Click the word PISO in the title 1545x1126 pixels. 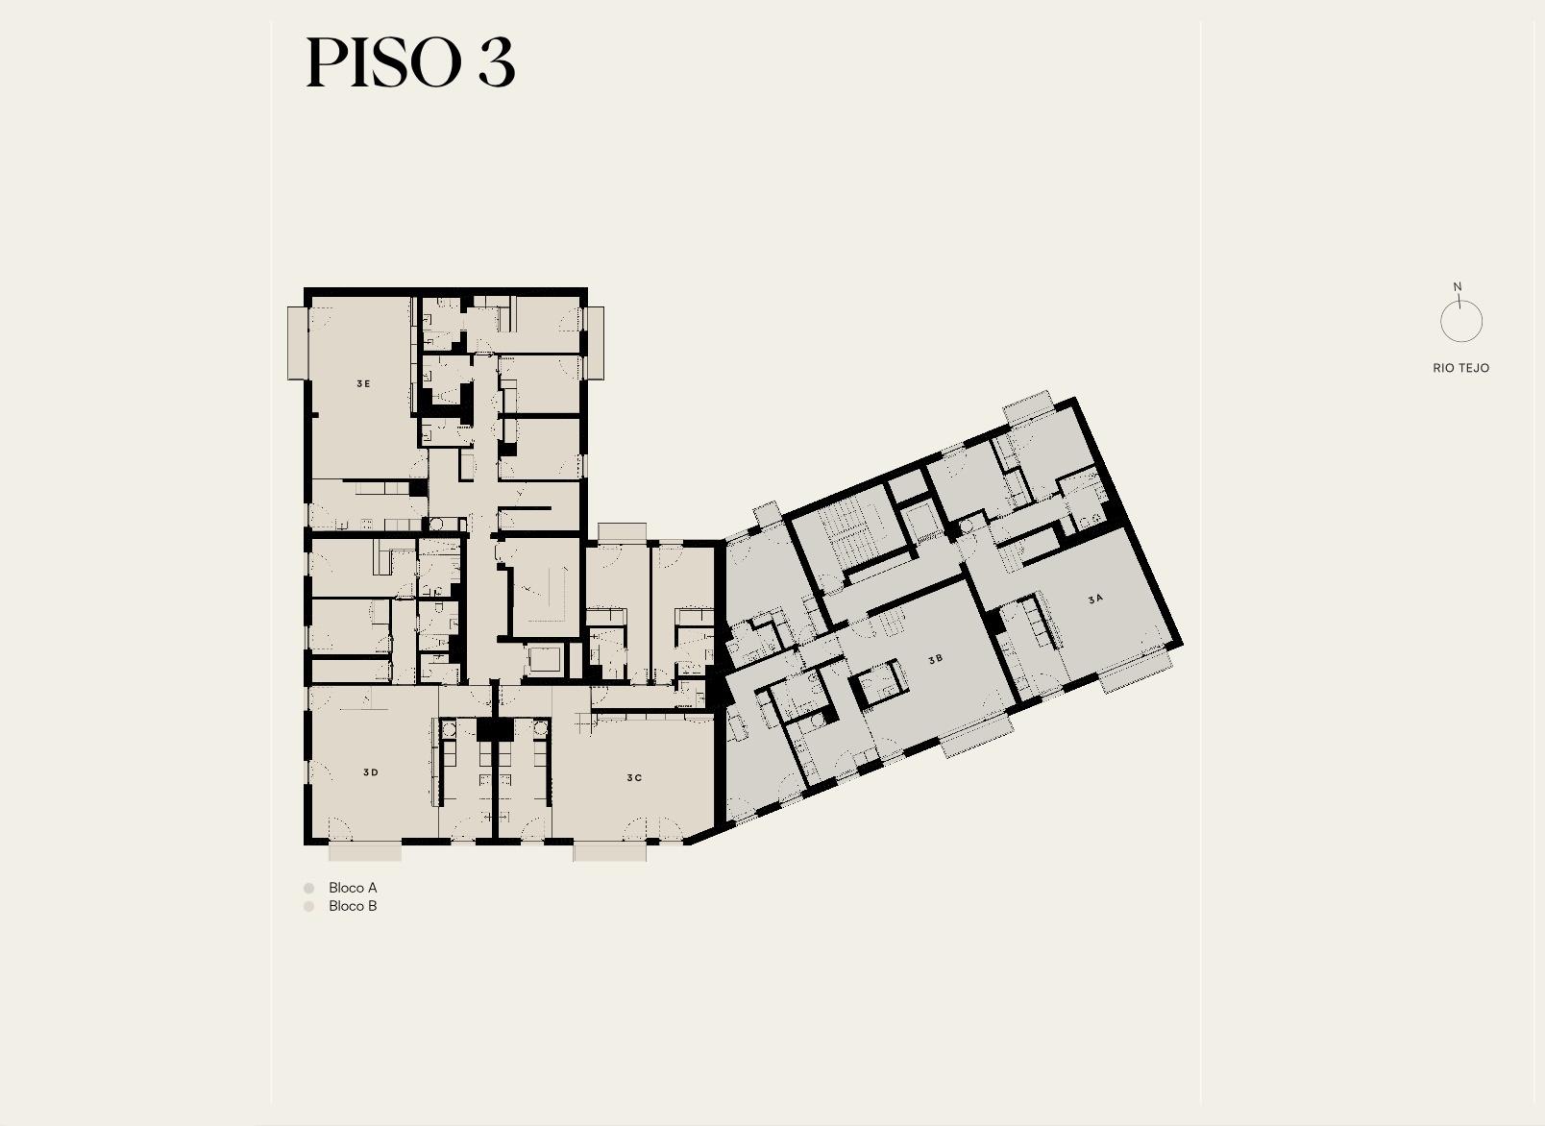[x=383, y=62]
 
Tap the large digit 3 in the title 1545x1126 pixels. [x=497, y=62]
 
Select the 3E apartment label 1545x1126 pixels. [x=363, y=383]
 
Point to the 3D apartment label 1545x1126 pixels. [x=370, y=772]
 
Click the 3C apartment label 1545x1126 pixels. [x=634, y=778]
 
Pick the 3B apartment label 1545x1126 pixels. [x=935, y=660]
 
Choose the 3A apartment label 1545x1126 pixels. [x=1095, y=600]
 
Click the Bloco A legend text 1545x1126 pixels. [x=353, y=888]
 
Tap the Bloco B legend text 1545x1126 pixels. [x=353, y=906]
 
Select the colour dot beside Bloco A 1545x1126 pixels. [x=309, y=888]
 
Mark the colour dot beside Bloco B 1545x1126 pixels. [x=309, y=907]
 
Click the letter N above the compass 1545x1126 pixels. [x=1458, y=287]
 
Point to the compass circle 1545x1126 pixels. [x=1441, y=321]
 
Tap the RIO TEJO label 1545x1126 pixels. [x=1460, y=368]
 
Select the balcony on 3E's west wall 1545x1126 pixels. [x=297, y=343]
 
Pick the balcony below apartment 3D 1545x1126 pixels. [x=365, y=853]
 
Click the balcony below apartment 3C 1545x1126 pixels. [x=610, y=853]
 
